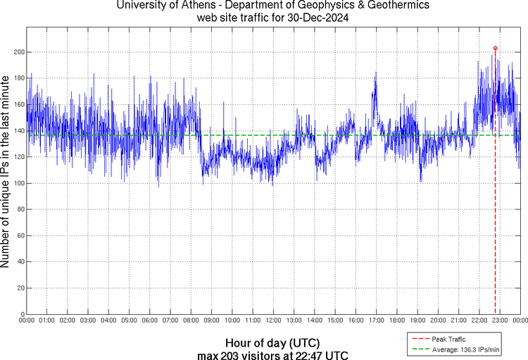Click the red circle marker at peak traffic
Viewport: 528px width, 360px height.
(496, 48)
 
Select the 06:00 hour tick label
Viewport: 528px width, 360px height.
(150, 321)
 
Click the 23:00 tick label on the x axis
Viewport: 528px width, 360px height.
(500, 321)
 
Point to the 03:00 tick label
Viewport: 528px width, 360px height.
(88, 321)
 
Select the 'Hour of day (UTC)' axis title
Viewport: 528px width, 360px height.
(273, 342)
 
